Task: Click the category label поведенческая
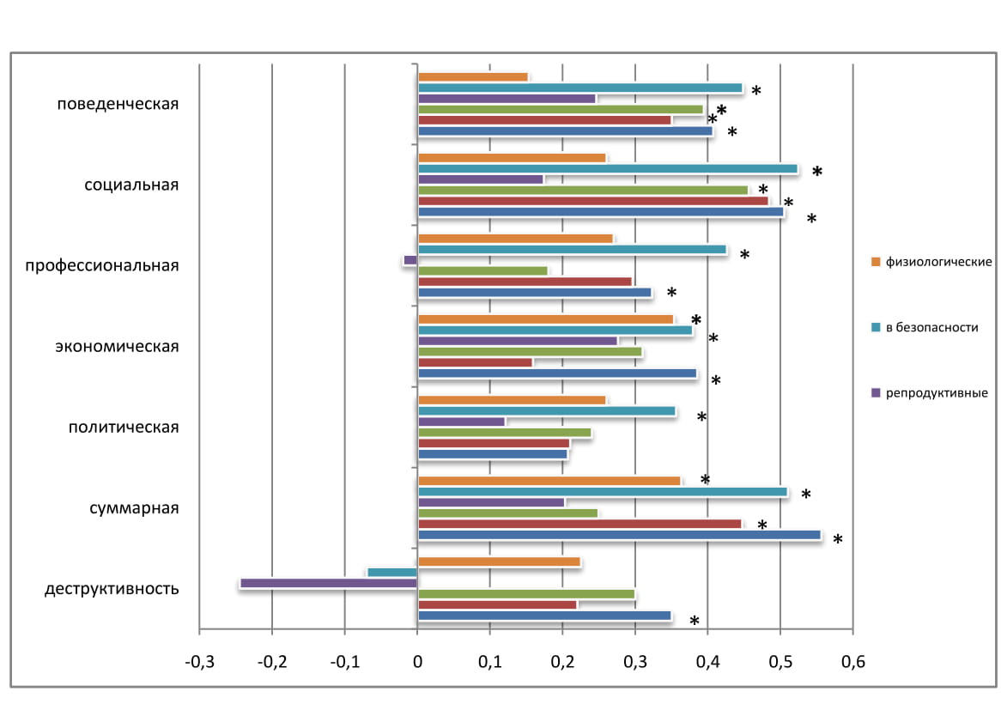[x=118, y=105]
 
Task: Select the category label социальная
[x=131, y=185]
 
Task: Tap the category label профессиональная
[x=101, y=265]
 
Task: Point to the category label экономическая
[x=117, y=347]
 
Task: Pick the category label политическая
[x=124, y=428]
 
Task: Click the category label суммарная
[x=134, y=507]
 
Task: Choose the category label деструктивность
[x=112, y=589]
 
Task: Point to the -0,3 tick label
[x=199, y=662]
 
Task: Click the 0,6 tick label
[x=852, y=662]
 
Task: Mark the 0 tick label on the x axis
[x=417, y=662]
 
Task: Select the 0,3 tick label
[x=634, y=662]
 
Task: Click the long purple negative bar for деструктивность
[x=329, y=583]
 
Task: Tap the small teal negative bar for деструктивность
[x=392, y=573]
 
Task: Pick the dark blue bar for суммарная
[x=618, y=535]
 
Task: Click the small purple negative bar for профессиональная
[x=410, y=260]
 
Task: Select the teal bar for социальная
[x=607, y=169]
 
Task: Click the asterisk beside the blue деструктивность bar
[x=694, y=622]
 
